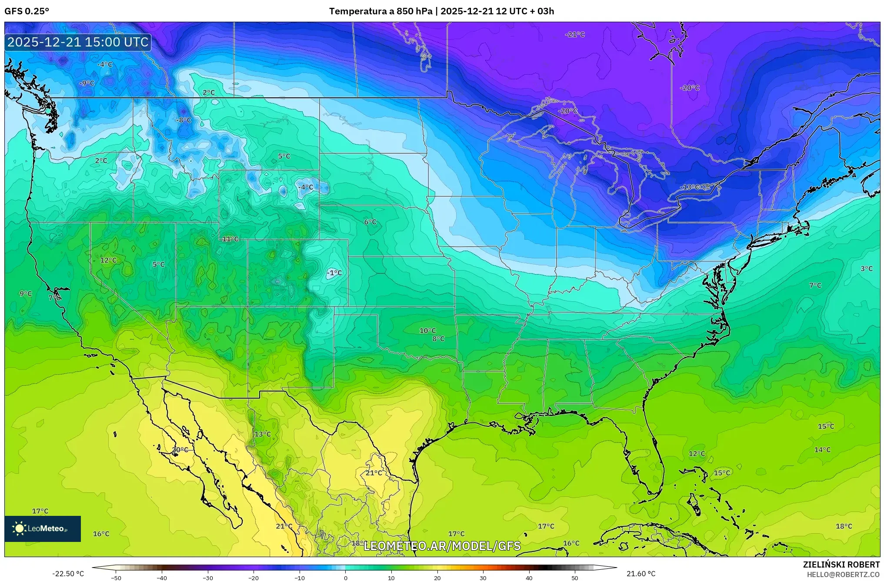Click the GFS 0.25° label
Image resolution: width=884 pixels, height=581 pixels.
(x=27, y=11)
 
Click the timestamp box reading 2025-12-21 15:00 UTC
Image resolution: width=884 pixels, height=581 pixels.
(x=78, y=42)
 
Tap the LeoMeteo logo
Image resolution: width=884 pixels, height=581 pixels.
(x=43, y=528)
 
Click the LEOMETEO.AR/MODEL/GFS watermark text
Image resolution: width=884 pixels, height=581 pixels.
(x=442, y=546)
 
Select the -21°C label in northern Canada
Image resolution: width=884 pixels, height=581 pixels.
(x=575, y=35)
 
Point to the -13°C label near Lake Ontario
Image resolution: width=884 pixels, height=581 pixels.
(x=690, y=187)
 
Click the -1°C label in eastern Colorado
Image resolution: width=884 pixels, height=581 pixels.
(x=334, y=273)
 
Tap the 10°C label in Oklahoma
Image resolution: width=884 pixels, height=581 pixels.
(x=427, y=331)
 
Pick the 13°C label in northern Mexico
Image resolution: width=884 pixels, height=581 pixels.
(x=263, y=434)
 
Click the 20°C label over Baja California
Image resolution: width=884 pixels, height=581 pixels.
(x=180, y=450)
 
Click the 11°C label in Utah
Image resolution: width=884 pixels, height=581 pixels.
(x=230, y=239)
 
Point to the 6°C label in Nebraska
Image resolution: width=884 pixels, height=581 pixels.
(x=370, y=222)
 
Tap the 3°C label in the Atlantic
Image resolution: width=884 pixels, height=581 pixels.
(x=866, y=269)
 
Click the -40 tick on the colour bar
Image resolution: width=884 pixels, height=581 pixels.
(x=162, y=578)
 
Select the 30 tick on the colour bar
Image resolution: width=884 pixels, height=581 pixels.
(x=483, y=578)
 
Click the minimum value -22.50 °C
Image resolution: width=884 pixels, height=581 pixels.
(x=68, y=574)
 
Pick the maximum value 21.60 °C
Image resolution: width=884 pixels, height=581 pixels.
(x=640, y=574)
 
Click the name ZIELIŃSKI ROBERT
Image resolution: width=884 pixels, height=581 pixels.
(x=841, y=564)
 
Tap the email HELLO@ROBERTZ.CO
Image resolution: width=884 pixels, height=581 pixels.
(x=843, y=574)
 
